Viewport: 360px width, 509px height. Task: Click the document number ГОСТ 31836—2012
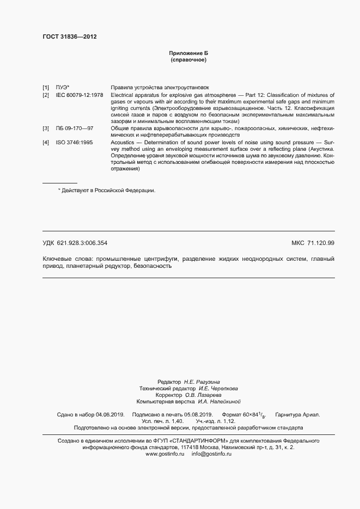[x=70, y=36]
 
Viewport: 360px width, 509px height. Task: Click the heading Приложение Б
[x=188, y=53]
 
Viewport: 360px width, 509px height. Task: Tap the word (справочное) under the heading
[x=188, y=59]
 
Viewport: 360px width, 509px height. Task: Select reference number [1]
[x=46, y=87]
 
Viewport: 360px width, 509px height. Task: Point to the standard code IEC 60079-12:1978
[x=80, y=94]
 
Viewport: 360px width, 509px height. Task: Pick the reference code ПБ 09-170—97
[x=75, y=128]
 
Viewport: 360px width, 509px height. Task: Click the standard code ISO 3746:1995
[x=74, y=142]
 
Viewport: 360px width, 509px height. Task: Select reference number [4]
[x=46, y=142]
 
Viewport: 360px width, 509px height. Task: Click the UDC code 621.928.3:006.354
[x=86, y=243]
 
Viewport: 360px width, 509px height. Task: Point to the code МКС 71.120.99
[x=313, y=243]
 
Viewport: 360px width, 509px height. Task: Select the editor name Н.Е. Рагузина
[x=202, y=382]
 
